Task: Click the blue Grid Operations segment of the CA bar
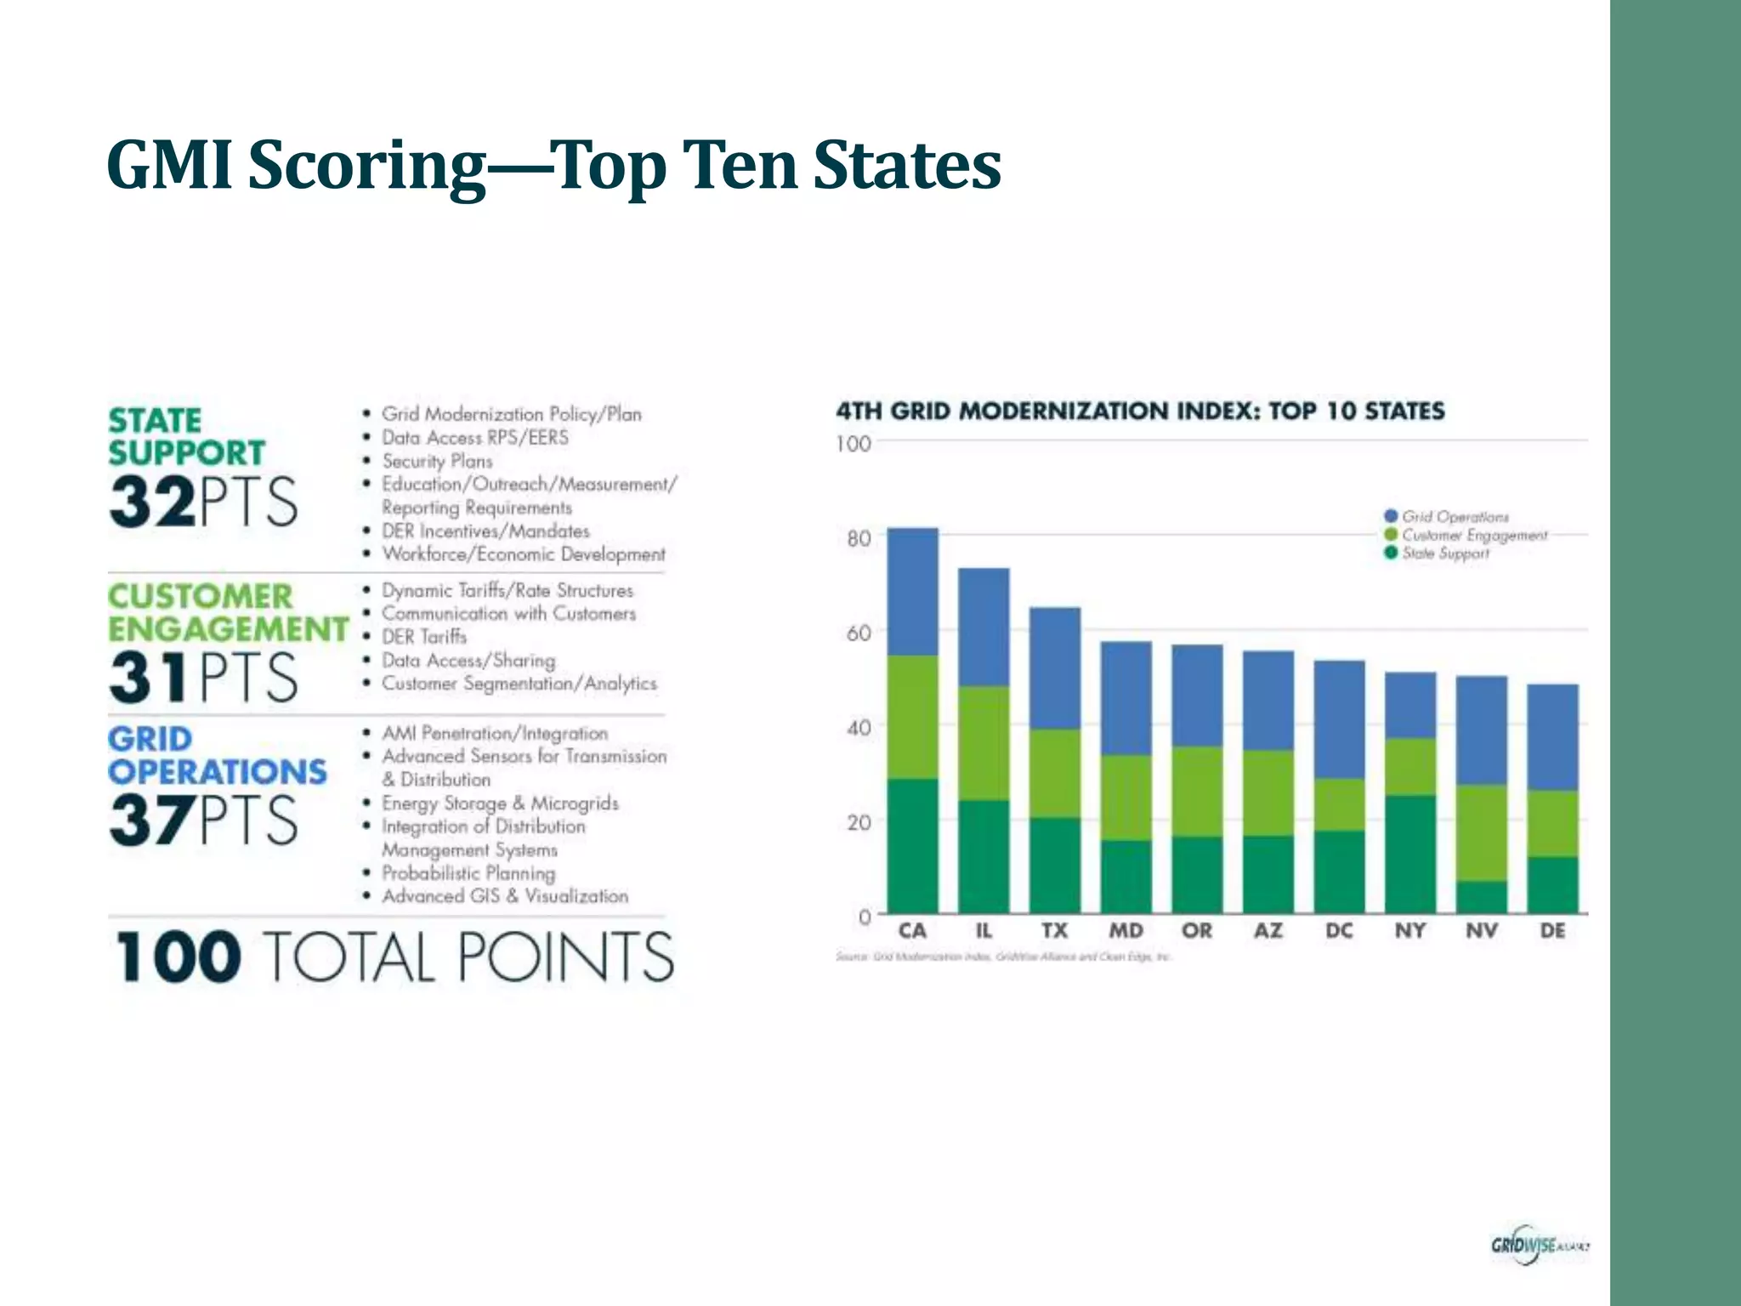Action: [912, 591]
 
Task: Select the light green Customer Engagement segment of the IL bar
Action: [984, 742]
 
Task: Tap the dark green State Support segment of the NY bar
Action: [1410, 854]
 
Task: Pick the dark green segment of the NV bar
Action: [1482, 897]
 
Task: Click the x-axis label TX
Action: [1054, 931]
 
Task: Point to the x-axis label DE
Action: [1552, 931]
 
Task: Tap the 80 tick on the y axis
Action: [859, 538]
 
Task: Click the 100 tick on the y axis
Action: [853, 444]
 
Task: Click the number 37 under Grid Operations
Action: [151, 820]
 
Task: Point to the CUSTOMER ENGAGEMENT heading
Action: [227, 612]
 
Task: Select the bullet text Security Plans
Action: [437, 461]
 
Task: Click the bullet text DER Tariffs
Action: [423, 637]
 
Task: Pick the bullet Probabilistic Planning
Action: [468, 873]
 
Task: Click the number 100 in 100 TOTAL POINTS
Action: [177, 957]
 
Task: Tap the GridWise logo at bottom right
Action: [1538, 1246]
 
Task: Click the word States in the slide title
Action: [906, 166]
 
